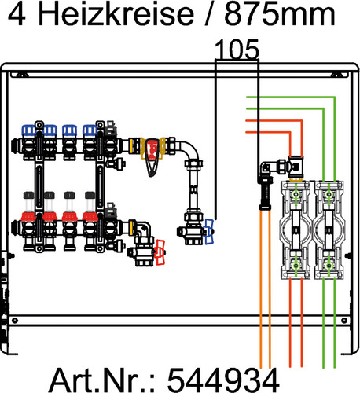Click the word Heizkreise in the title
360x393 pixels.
click(116, 13)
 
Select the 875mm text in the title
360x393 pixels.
click(280, 14)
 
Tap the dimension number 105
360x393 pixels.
click(237, 50)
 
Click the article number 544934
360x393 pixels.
click(223, 380)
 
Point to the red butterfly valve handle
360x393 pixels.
click(160, 252)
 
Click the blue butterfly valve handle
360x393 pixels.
click(209, 232)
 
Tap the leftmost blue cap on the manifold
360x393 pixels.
click(28, 130)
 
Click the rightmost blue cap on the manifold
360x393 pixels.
click(90, 130)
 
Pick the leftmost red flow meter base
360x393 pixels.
click(28, 217)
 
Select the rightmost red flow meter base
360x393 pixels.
click(90, 217)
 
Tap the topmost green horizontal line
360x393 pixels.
click(290, 97)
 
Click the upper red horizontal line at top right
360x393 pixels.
click(274, 121)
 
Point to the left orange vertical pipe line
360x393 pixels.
click(261, 288)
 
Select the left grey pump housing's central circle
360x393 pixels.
click(296, 230)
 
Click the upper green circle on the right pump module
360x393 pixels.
click(329, 195)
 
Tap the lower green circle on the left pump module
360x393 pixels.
click(296, 266)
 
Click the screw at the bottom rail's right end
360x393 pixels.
click(345, 320)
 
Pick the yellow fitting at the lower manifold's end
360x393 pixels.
click(131, 227)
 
